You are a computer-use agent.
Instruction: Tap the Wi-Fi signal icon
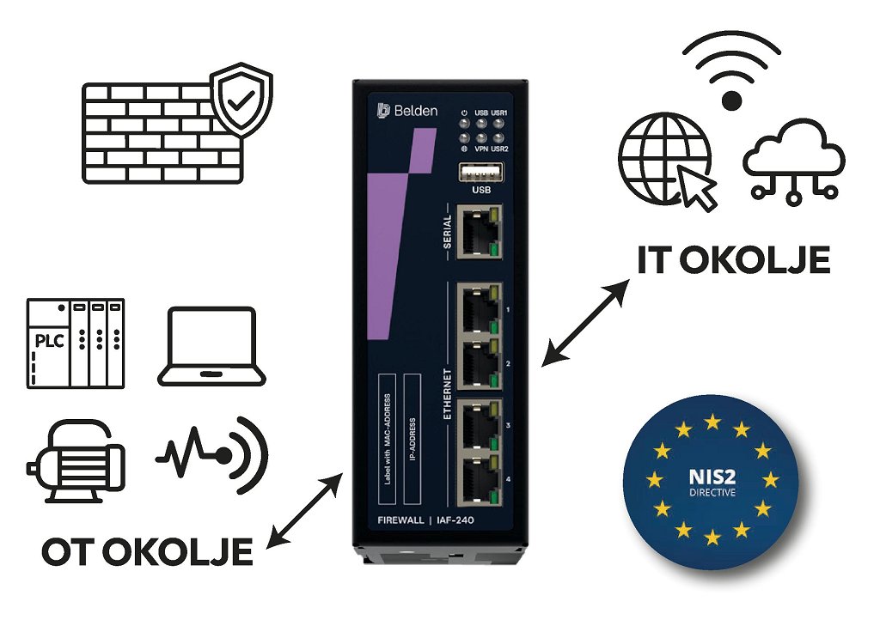point(731,69)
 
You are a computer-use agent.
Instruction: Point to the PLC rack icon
point(76,343)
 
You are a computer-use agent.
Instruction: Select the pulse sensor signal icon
point(211,454)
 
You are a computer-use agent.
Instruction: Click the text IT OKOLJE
point(733,259)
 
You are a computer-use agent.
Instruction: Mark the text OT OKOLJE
point(147,551)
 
